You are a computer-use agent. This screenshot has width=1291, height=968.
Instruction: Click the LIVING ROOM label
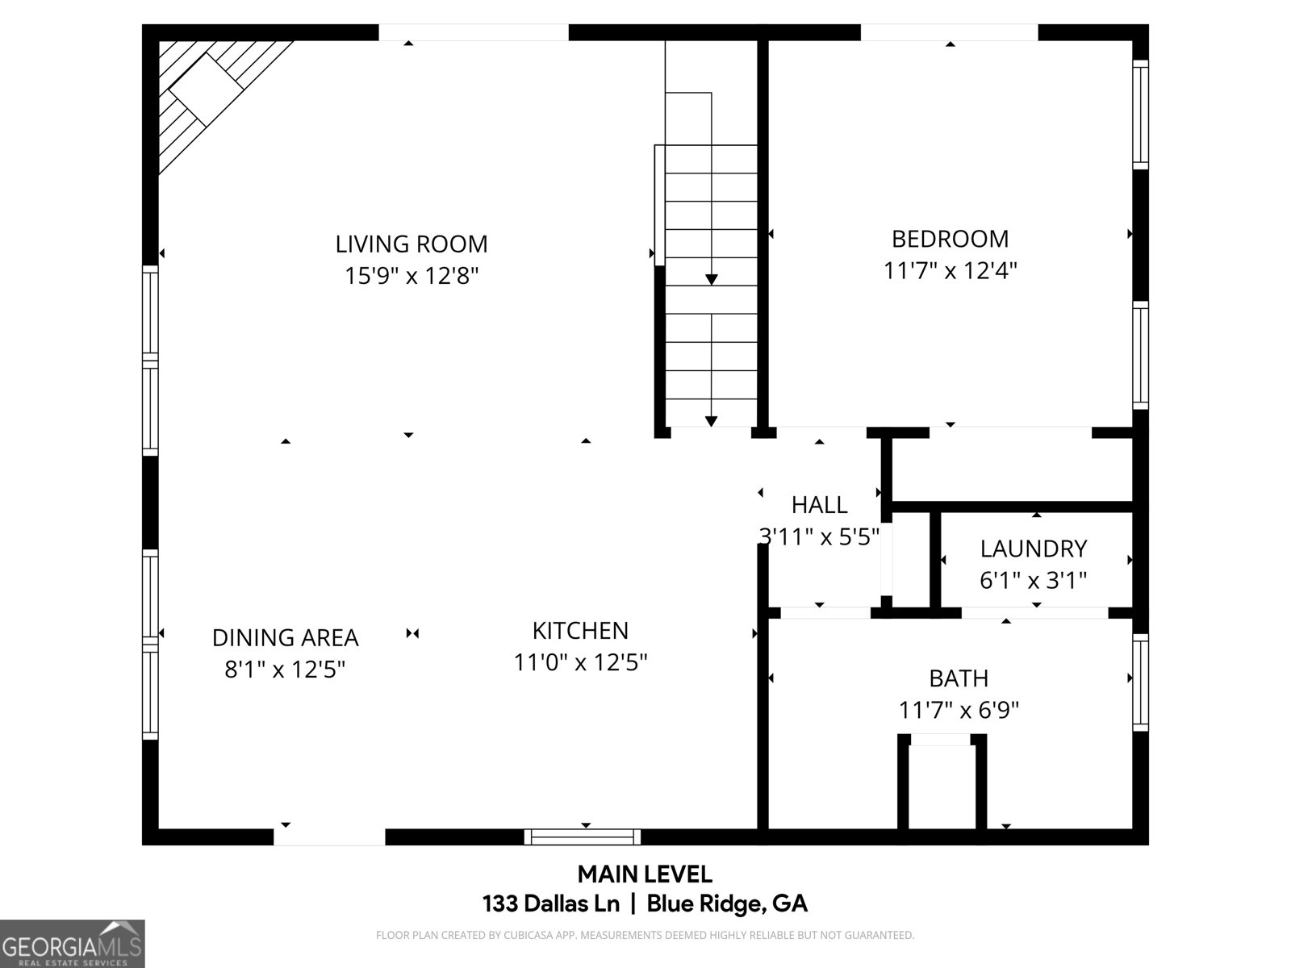tap(412, 244)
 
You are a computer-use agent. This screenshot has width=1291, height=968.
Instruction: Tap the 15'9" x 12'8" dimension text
tap(412, 276)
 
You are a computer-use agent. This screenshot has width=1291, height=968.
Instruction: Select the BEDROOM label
tap(950, 239)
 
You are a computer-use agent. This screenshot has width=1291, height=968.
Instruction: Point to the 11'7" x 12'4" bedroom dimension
tap(950, 270)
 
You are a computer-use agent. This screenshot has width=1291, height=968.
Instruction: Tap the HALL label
tap(819, 505)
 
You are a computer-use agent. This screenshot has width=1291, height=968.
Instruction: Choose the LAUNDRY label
tap(1034, 549)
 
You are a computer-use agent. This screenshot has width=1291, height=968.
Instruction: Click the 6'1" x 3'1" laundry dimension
tap(1034, 580)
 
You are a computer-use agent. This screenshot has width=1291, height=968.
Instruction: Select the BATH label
tap(959, 678)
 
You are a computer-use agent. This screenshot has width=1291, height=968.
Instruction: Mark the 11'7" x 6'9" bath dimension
tap(959, 710)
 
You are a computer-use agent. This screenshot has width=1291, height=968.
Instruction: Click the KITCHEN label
tap(580, 630)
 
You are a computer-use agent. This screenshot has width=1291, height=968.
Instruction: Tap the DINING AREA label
tap(285, 637)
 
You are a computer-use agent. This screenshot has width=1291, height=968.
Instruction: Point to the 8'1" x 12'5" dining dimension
tap(285, 669)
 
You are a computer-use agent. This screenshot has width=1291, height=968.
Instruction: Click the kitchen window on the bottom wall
tap(583, 837)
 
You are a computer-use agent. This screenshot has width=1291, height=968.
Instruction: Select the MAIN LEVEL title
tap(645, 874)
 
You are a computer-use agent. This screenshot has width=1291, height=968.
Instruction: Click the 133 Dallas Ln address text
tap(550, 903)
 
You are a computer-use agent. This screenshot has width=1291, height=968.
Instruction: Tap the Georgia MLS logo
tap(72, 944)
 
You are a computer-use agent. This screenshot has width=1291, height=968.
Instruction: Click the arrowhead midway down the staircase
tap(711, 279)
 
